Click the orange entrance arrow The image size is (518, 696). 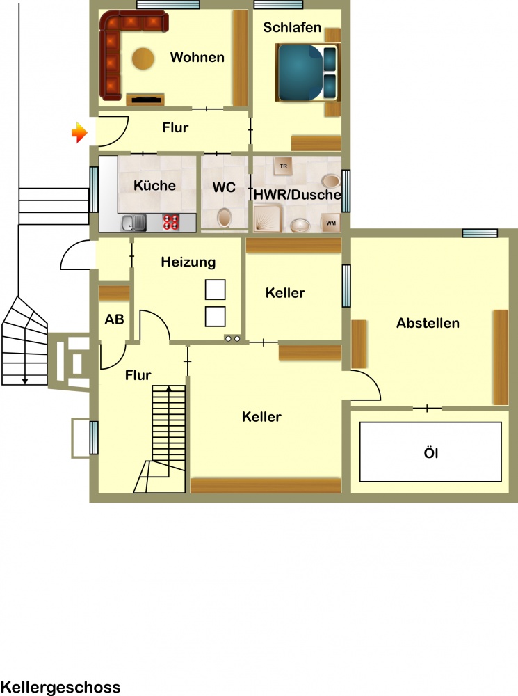(x=79, y=132)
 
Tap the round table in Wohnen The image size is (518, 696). (x=143, y=58)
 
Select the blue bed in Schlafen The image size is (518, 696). (x=307, y=72)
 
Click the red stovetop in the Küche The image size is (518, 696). (x=171, y=223)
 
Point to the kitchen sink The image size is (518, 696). (x=133, y=223)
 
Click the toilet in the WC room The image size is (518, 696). (x=225, y=218)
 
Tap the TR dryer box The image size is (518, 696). (x=283, y=166)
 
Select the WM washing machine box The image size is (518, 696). (x=331, y=223)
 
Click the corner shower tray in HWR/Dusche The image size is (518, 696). (x=268, y=218)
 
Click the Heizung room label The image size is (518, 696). (x=188, y=262)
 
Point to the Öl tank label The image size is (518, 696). (x=430, y=453)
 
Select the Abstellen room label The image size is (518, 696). (x=428, y=323)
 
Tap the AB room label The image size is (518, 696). (x=114, y=319)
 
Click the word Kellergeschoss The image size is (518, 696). (x=60, y=688)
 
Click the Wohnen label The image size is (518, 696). (x=197, y=57)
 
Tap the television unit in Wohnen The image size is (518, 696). (x=145, y=100)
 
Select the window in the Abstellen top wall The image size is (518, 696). (x=480, y=233)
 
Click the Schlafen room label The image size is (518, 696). (x=292, y=28)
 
